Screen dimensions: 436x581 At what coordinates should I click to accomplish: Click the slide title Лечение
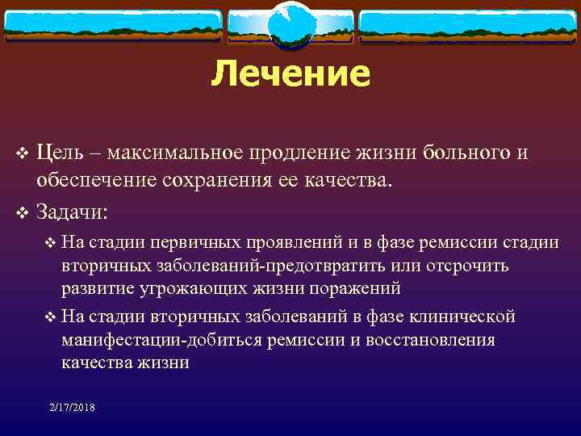(x=290, y=74)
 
